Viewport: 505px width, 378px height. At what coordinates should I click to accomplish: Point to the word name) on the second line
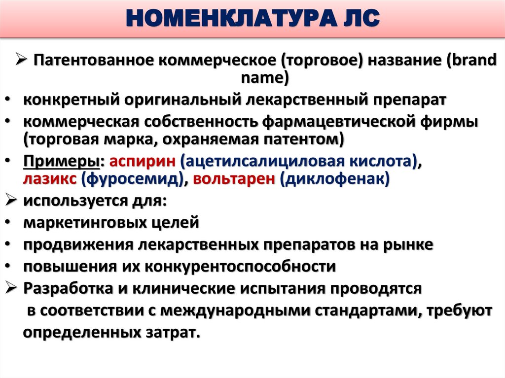(x=263, y=78)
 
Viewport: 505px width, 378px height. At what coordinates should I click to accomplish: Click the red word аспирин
(x=142, y=161)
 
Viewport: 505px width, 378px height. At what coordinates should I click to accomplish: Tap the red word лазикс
(x=49, y=179)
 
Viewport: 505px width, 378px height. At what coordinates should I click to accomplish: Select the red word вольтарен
(x=234, y=179)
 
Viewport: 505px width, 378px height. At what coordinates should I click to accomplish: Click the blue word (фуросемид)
(x=133, y=179)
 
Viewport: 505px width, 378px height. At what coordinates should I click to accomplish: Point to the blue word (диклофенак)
(x=335, y=179)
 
